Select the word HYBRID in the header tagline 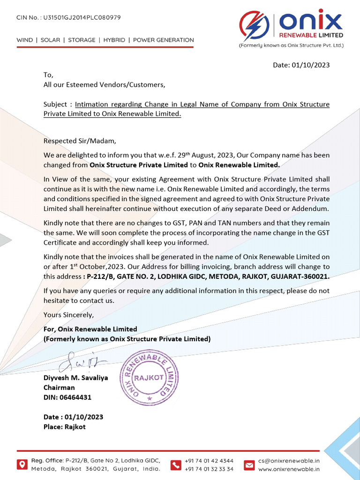tap(114, 40)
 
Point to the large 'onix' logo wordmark tap(310, 21)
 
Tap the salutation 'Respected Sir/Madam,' tap(79, 141)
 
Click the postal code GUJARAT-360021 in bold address tap(303, 276)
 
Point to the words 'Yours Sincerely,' tap(68, 315)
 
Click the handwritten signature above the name tap(84, 361)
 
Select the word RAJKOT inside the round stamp tap(149, 377)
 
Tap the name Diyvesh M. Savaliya tap(76, 378)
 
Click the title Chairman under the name tap(59, 388)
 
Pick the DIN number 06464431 tap(75, 397)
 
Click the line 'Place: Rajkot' tap(65, 427)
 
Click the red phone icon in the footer tap(176, 465)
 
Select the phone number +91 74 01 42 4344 tap(209, 461)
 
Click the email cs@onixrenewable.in tap(289, 461)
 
